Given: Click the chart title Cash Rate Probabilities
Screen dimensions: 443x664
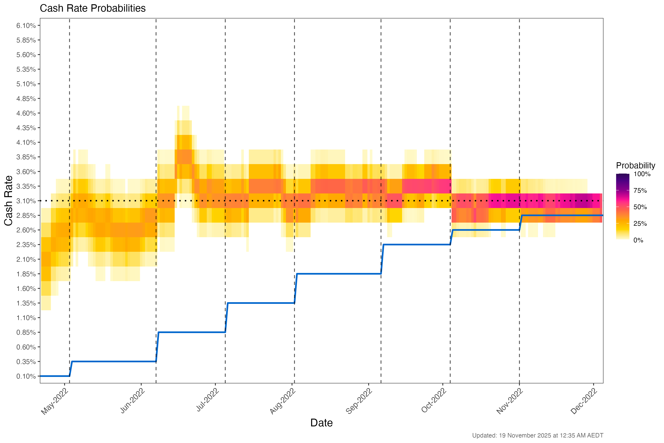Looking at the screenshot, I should (93, 8).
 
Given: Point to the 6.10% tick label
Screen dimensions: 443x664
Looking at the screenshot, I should (26, 26).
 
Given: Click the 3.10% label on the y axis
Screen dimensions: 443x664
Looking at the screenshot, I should (26, 201).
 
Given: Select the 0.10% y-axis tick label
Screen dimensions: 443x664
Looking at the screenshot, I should (26, 376).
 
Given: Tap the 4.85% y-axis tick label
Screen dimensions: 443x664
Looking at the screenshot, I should (26, 99).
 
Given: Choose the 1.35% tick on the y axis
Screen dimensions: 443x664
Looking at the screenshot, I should (26, 303).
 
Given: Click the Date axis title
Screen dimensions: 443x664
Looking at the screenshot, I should (321, 423).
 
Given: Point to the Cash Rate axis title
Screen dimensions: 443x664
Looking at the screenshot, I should (8, 201).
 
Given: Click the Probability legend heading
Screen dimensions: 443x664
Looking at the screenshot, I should (635, 166).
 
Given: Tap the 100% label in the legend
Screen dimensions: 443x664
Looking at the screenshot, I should (642, 174).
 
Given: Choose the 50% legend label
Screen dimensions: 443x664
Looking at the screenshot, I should (640, 207).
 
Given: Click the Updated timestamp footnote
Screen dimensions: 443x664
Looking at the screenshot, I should (537, 435).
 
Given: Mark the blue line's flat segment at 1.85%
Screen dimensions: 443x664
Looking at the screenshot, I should (339, 274).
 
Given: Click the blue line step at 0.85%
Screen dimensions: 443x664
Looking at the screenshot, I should (192, 332).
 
